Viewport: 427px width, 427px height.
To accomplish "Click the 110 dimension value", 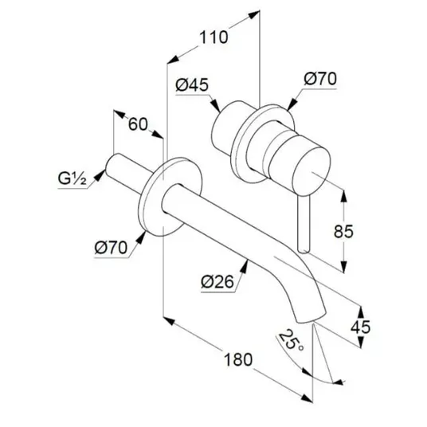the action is [x=213, y=37].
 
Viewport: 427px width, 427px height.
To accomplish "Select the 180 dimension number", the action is [x=238, y=359].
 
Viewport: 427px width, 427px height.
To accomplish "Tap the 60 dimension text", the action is [x=138, y=124].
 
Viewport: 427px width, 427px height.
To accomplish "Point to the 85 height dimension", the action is [x=343, y=232].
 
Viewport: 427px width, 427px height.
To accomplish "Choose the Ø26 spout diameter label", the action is [x=217, y=281].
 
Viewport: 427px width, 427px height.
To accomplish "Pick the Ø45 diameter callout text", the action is [x=192, y=84].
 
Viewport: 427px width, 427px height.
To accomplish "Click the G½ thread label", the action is [x=72, y=179].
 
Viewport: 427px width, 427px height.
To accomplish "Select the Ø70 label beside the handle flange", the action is [x=320, y=79].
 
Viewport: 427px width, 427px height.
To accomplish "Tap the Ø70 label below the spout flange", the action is [x=111, y=247].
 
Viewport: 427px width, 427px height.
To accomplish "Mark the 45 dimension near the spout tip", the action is [x=360, y=327].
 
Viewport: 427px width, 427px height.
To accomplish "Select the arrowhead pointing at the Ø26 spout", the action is [x=245, y=266].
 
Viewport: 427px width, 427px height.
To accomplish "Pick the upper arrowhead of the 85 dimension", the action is [x=343, y=195].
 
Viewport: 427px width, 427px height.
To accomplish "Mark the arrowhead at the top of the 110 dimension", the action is [x=254, y=14].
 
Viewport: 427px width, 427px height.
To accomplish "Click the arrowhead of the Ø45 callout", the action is [x=215, y=105].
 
